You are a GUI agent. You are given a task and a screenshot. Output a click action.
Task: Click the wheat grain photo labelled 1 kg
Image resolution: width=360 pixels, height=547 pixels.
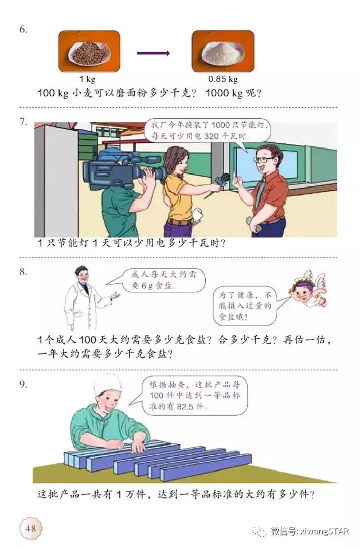(x=89, y=52)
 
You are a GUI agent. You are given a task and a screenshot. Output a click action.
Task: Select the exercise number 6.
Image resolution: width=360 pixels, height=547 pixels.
(x=23, y=29)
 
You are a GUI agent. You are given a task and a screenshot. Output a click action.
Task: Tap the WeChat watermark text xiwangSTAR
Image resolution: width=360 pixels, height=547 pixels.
(x=309, y=531)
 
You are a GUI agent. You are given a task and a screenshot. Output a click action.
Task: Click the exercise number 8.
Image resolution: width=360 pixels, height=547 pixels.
(x=23, y=272)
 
